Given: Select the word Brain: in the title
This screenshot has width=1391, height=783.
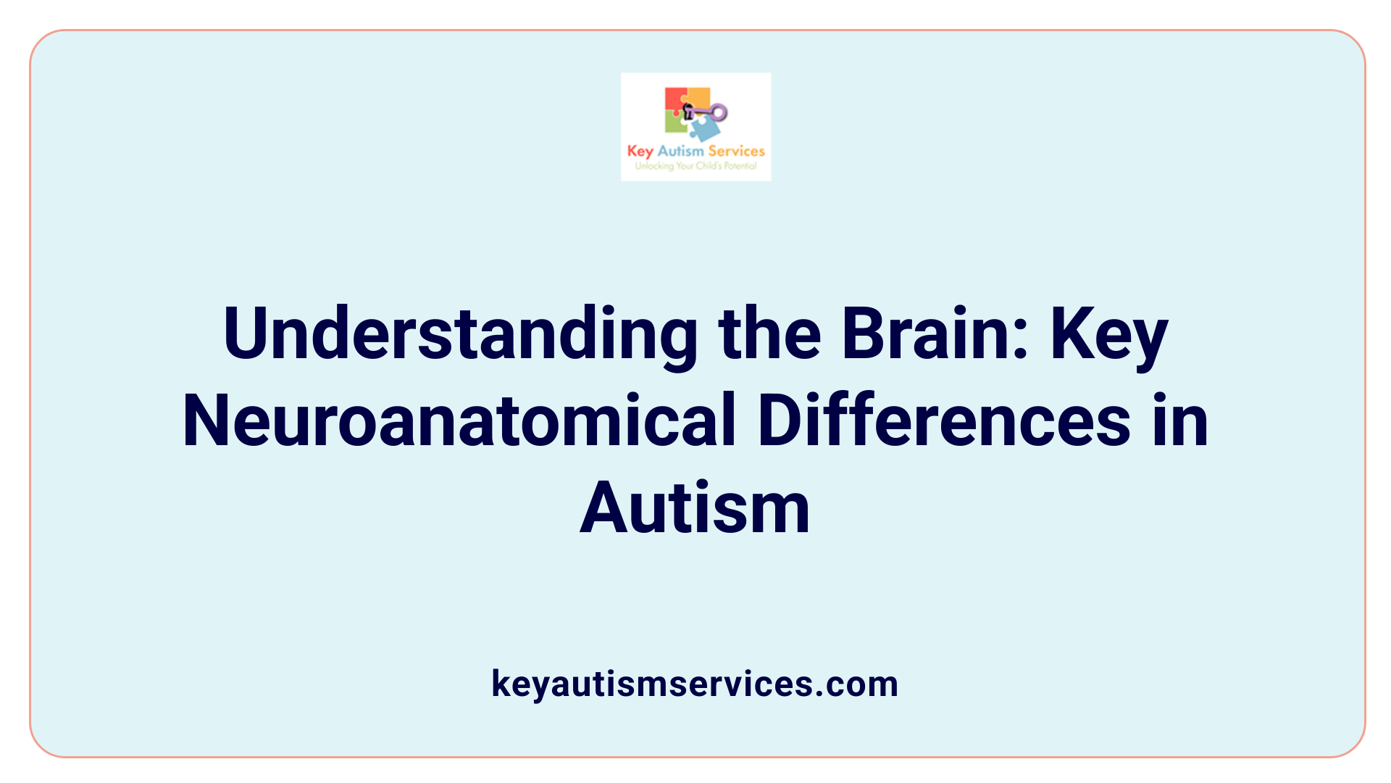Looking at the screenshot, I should pyautogui.click(x=935, y=333).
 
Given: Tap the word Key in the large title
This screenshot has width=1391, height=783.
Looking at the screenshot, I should pyautogui.click(x=1109, y=335).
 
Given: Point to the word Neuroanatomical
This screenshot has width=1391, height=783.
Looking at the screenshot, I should pyautogui.click(x=459, y=420).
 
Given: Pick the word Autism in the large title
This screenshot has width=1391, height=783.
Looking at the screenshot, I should pyautogui.click(x=695, y=508).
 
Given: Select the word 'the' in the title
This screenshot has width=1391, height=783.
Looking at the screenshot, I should pyautogui.click(x=769, y=333).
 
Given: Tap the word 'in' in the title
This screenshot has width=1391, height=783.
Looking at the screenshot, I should pyautogui.click(x=1181, y=420).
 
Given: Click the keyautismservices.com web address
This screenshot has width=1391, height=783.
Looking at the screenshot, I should pyautogui.click(x=695, y=684).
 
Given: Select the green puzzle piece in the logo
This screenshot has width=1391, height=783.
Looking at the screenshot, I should pyautogui.click(x=675, y=123).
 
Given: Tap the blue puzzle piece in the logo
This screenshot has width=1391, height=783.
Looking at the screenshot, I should pyautogui.click(x=704, y=130).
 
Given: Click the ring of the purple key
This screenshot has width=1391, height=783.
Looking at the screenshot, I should pyautogui.click(x=719, y=112).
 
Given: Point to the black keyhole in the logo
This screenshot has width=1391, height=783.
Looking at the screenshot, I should pyautogui.click(x=688, y=111).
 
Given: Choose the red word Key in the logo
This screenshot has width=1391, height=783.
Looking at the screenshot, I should pyautogui.click(x=640, y=152).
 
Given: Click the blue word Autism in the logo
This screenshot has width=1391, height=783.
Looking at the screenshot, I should pyautogui.click(x=680, y=151).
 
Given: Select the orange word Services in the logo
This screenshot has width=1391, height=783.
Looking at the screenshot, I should pyautogui.click(x=736, y=151).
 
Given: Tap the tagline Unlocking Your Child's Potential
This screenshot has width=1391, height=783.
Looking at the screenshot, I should pyautogui.click(x=695, y=166).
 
